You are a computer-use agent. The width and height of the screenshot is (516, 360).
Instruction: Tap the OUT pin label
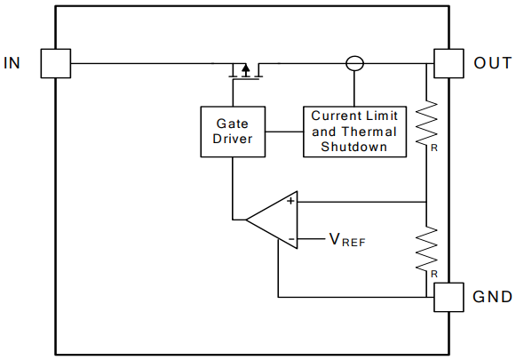point(492,63)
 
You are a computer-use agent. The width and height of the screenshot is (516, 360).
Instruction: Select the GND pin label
point(492,297)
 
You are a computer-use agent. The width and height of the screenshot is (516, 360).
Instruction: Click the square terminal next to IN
point(56,63)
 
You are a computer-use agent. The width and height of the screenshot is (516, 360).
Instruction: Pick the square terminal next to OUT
point(449,63)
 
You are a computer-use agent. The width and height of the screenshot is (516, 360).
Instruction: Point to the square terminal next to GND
point(449,297)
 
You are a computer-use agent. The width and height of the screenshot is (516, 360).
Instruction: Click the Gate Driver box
point(234,132)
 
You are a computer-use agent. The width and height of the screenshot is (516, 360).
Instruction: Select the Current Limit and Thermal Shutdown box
point(354,132)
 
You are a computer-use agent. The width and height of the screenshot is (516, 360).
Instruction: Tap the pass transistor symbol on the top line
point(244,69)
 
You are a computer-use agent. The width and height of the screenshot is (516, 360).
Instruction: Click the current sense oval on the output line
point(354,63)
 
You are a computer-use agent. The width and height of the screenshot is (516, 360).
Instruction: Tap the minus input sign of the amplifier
point(290,238)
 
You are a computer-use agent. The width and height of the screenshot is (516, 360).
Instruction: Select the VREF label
point(347,239)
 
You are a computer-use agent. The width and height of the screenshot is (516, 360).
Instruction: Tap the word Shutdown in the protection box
point(354,147)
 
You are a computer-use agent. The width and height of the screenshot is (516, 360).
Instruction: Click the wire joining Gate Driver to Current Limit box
point(284,132)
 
